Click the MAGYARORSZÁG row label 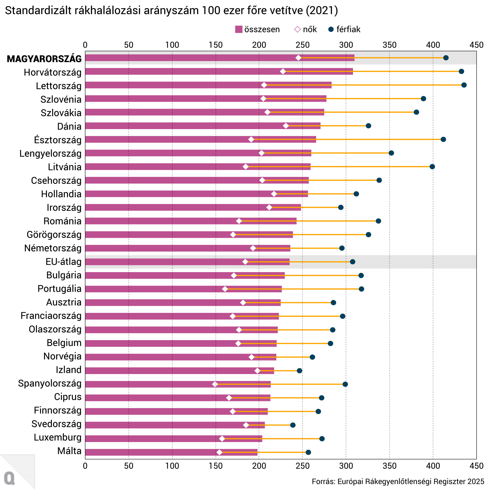pyautogui.click(x=44, y=59)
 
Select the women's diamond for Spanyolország pyautogui.click(x=215, y=384)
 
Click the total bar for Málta pyautogui.click(x=171, y=452)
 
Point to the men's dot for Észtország pyautogui.click(x=443, y=139)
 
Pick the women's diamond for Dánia pyautogui.click(x=286, y=126)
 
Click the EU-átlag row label pyautogui.click(x=64, y=262)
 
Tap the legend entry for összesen pyautogui.click(x=257, y=29)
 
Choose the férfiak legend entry pyautogui.click(x=344, y=29)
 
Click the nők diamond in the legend pyautogui.click(x=297, y=29)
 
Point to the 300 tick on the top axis pyautogui.click(x=346, y=45)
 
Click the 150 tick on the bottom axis pyautogui.click(x=216, y=466)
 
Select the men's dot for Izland pyautogui.click(x=300, y=371)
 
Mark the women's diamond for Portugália pyautogui.click(x=225, y=289)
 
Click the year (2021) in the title pyautogui.click(x=322, y=11)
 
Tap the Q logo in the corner pyautogui.click(x=10, y=478)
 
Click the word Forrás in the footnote pyautogui.click(x=322, y=481)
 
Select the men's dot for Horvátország pyautogui.click(x=461, y=71)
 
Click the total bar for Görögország pyautogui.click(x=189, y=235)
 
